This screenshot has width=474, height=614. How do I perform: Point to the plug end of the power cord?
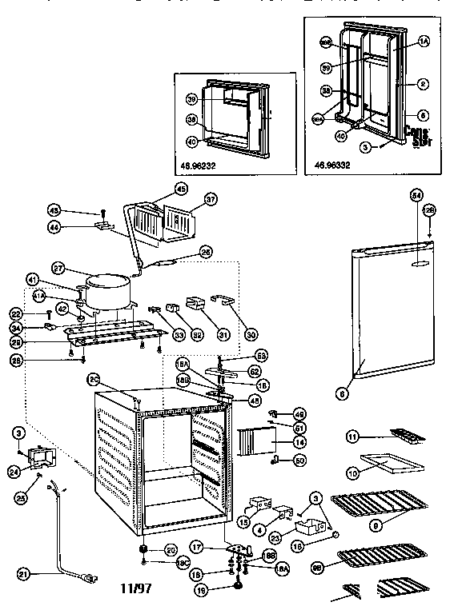[x=90, y=576]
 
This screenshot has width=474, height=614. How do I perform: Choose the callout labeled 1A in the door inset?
[x=424, y=39]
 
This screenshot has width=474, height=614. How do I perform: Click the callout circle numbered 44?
[x=77, y=228]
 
